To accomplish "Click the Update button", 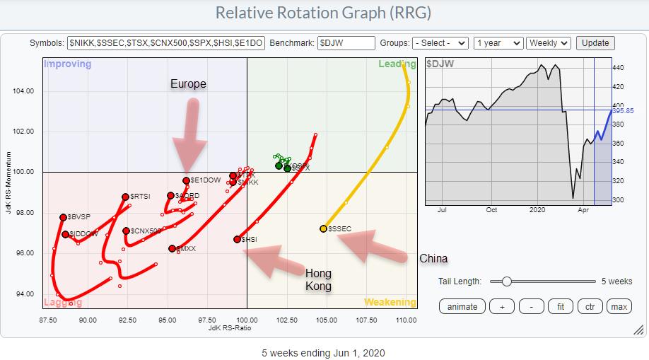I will [595, 43].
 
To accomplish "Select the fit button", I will [560, 306].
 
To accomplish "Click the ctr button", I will [589, 306].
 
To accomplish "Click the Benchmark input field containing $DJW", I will [346, 43].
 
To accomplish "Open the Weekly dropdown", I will [549, 43].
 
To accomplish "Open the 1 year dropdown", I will [498, 43].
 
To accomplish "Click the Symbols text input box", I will [166, 43].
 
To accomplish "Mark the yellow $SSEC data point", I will [323, 228].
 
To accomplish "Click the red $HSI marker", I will [237, 239].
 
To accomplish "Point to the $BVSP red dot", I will [63, 217].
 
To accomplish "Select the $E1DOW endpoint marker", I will [186, 180].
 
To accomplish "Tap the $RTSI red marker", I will [125, 197].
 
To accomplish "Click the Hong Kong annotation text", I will [318, 280].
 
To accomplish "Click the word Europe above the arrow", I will [188, 84].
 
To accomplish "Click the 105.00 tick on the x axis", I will [327, 319].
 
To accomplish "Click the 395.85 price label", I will [623, 111].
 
